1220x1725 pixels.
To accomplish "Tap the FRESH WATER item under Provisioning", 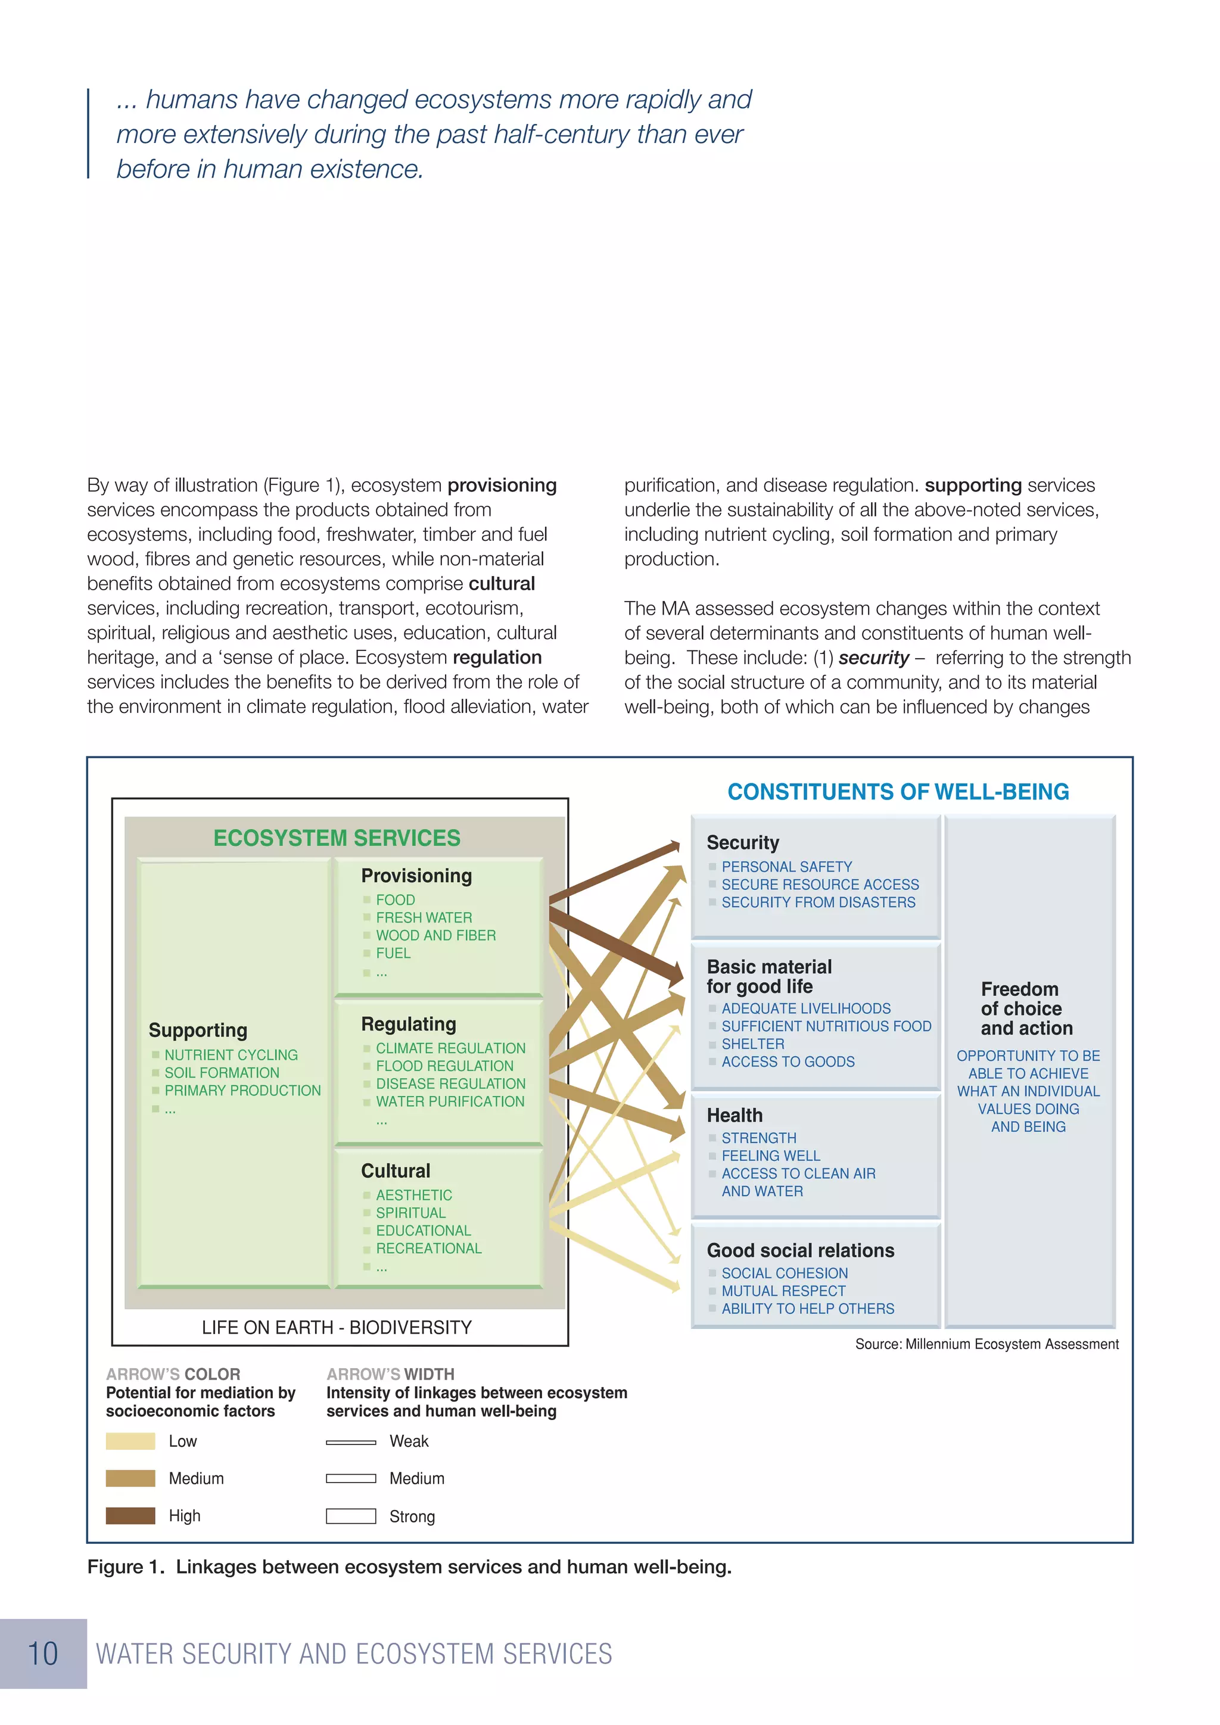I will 424,917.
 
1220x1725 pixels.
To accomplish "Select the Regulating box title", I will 409,1024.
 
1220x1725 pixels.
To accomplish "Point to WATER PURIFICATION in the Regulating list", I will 450,1101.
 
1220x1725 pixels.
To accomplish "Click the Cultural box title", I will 395,1170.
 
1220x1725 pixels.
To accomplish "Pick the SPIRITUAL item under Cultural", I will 411,1213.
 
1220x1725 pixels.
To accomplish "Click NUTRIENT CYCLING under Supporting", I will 231,1055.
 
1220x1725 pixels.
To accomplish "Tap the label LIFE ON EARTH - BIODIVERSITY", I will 337,1328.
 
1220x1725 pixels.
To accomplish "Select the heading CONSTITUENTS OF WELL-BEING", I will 898,792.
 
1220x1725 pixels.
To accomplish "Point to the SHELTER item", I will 753,1044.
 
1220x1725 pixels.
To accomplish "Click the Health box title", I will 734,1115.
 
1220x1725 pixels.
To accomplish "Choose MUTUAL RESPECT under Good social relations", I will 783,1291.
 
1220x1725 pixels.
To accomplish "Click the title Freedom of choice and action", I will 1026,1008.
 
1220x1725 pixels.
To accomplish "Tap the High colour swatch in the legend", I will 130,1515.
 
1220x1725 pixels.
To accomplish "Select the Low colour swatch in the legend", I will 130,1441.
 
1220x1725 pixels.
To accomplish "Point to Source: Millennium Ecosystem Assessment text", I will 986,1344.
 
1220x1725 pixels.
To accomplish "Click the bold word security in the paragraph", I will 873,658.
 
